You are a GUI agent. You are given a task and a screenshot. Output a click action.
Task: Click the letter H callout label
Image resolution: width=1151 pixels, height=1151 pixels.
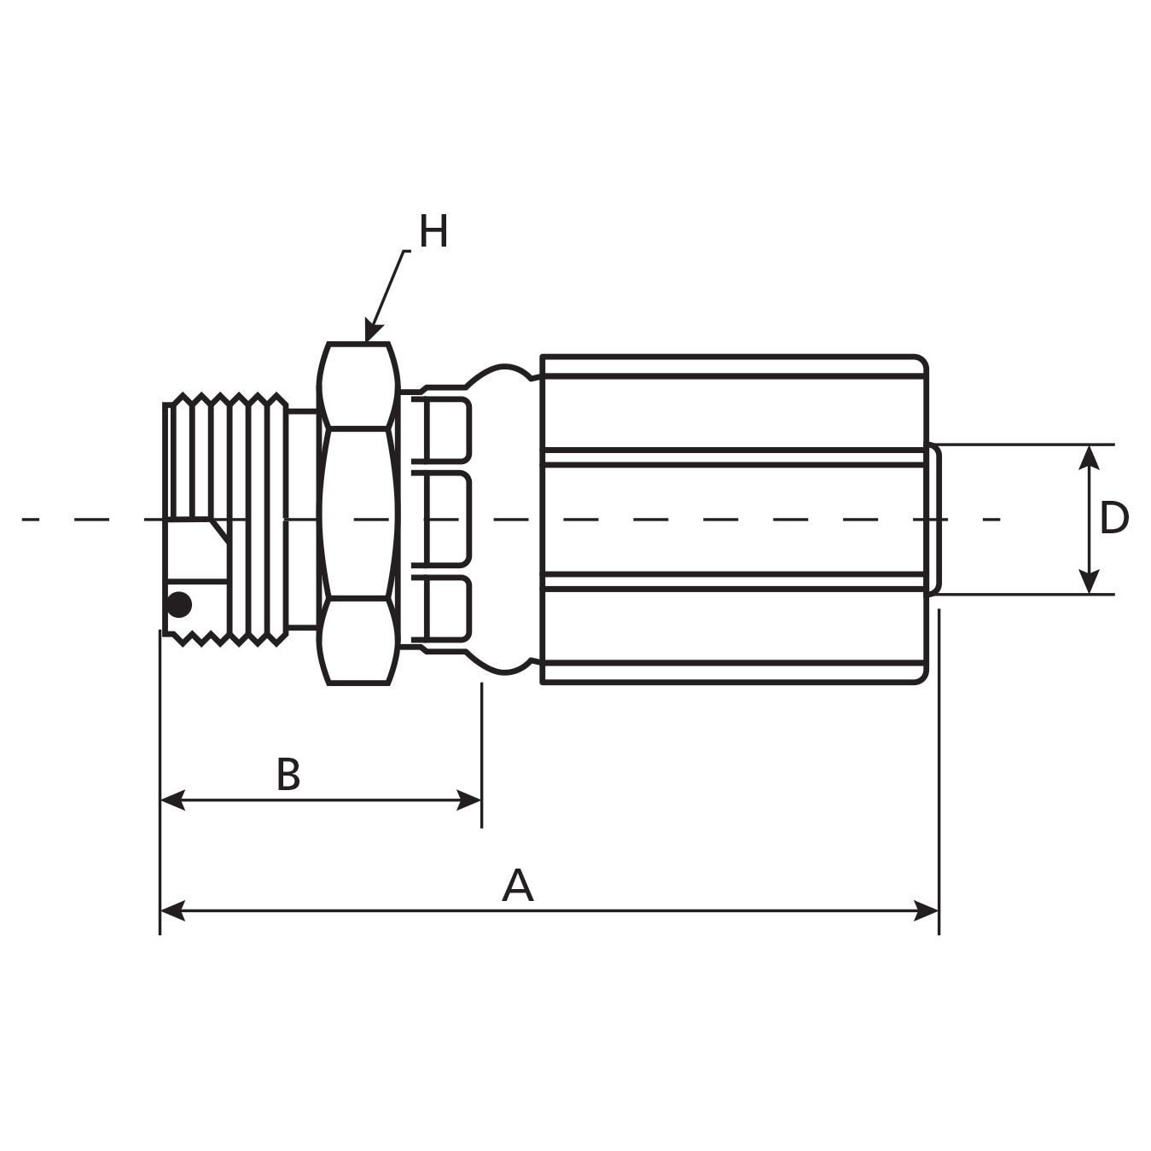pyautogui.click(x=433, y=232)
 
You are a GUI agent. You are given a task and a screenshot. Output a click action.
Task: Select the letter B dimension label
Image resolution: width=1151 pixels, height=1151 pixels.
pyautogui.click(x=288, y=775)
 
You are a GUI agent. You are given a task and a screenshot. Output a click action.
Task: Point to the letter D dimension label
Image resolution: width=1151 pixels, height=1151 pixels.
pyautogui.click(x=1113, y=518)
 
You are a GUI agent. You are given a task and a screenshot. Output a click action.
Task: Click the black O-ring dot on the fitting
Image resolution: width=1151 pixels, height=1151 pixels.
pyautogui.click(x=179, y=605)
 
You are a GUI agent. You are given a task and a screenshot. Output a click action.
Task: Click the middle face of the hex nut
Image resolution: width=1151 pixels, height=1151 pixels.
pyautogui.click(x=358, y=513)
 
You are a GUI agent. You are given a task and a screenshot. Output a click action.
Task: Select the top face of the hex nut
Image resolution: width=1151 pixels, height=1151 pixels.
pyautogui.click(x=358, y=385)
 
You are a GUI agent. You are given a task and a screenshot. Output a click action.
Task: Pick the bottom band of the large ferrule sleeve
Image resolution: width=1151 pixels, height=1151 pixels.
pyautogui.click(x=732, y=626)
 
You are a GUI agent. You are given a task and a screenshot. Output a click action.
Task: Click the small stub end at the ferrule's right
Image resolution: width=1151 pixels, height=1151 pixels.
pyautogui.click(x=934, y=518)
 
